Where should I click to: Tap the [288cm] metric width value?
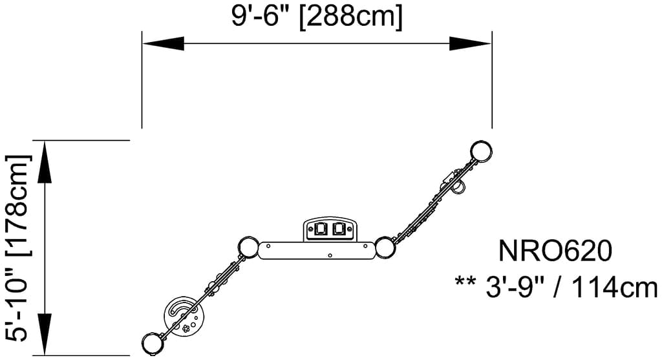[x=351, y=17]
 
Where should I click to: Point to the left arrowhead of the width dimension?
[x=163, y=43]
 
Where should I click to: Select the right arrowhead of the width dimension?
[x=471, y=43]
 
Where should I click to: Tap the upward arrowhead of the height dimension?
[x=45, y=162]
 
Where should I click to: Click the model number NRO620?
[x=555, y=251]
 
